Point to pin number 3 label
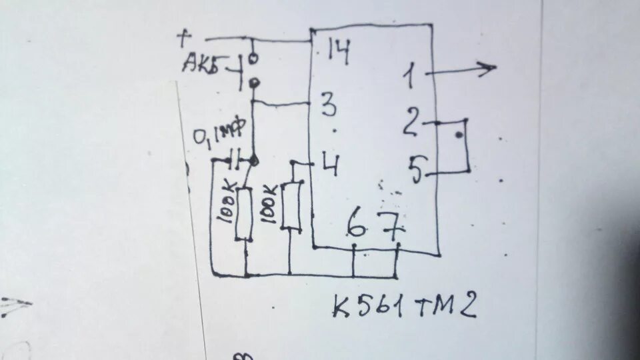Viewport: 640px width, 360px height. coord(328,105)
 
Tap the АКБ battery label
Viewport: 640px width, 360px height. coord(205,65)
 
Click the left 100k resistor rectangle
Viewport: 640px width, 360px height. coord(244,214)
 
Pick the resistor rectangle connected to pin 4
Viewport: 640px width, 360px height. coord(291,205)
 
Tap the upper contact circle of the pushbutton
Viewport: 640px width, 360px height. coord(253,59)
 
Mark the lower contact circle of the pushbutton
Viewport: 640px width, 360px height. coord(254,83)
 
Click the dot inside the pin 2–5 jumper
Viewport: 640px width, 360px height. coord(459,135)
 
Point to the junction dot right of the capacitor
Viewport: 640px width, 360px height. coord(254,160)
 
